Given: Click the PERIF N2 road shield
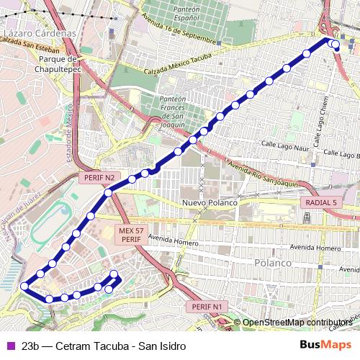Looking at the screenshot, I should [x=99, y=177].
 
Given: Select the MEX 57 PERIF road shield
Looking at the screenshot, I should [x=130, y=234].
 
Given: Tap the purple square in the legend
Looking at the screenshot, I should [x=9, y=346].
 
